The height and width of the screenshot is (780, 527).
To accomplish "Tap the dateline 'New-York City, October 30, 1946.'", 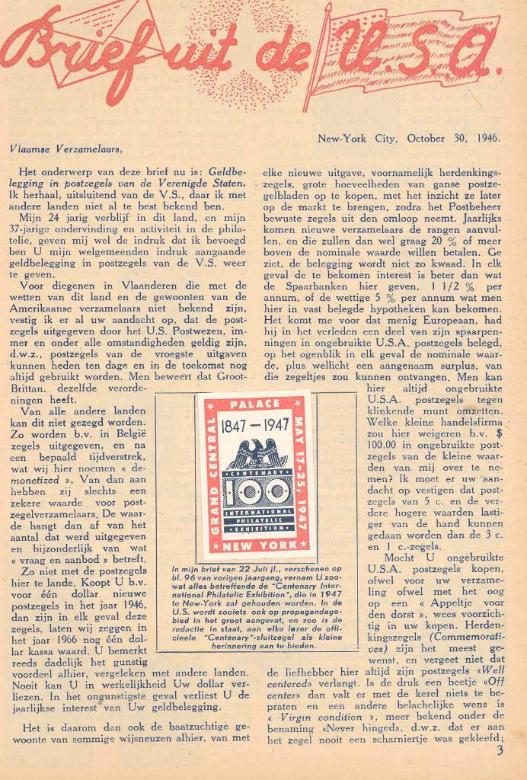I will click(x=408, y=138).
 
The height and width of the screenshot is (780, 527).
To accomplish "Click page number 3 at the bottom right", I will click(x=500, y=750).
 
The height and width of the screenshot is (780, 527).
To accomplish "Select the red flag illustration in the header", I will click(x=404, y=57).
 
